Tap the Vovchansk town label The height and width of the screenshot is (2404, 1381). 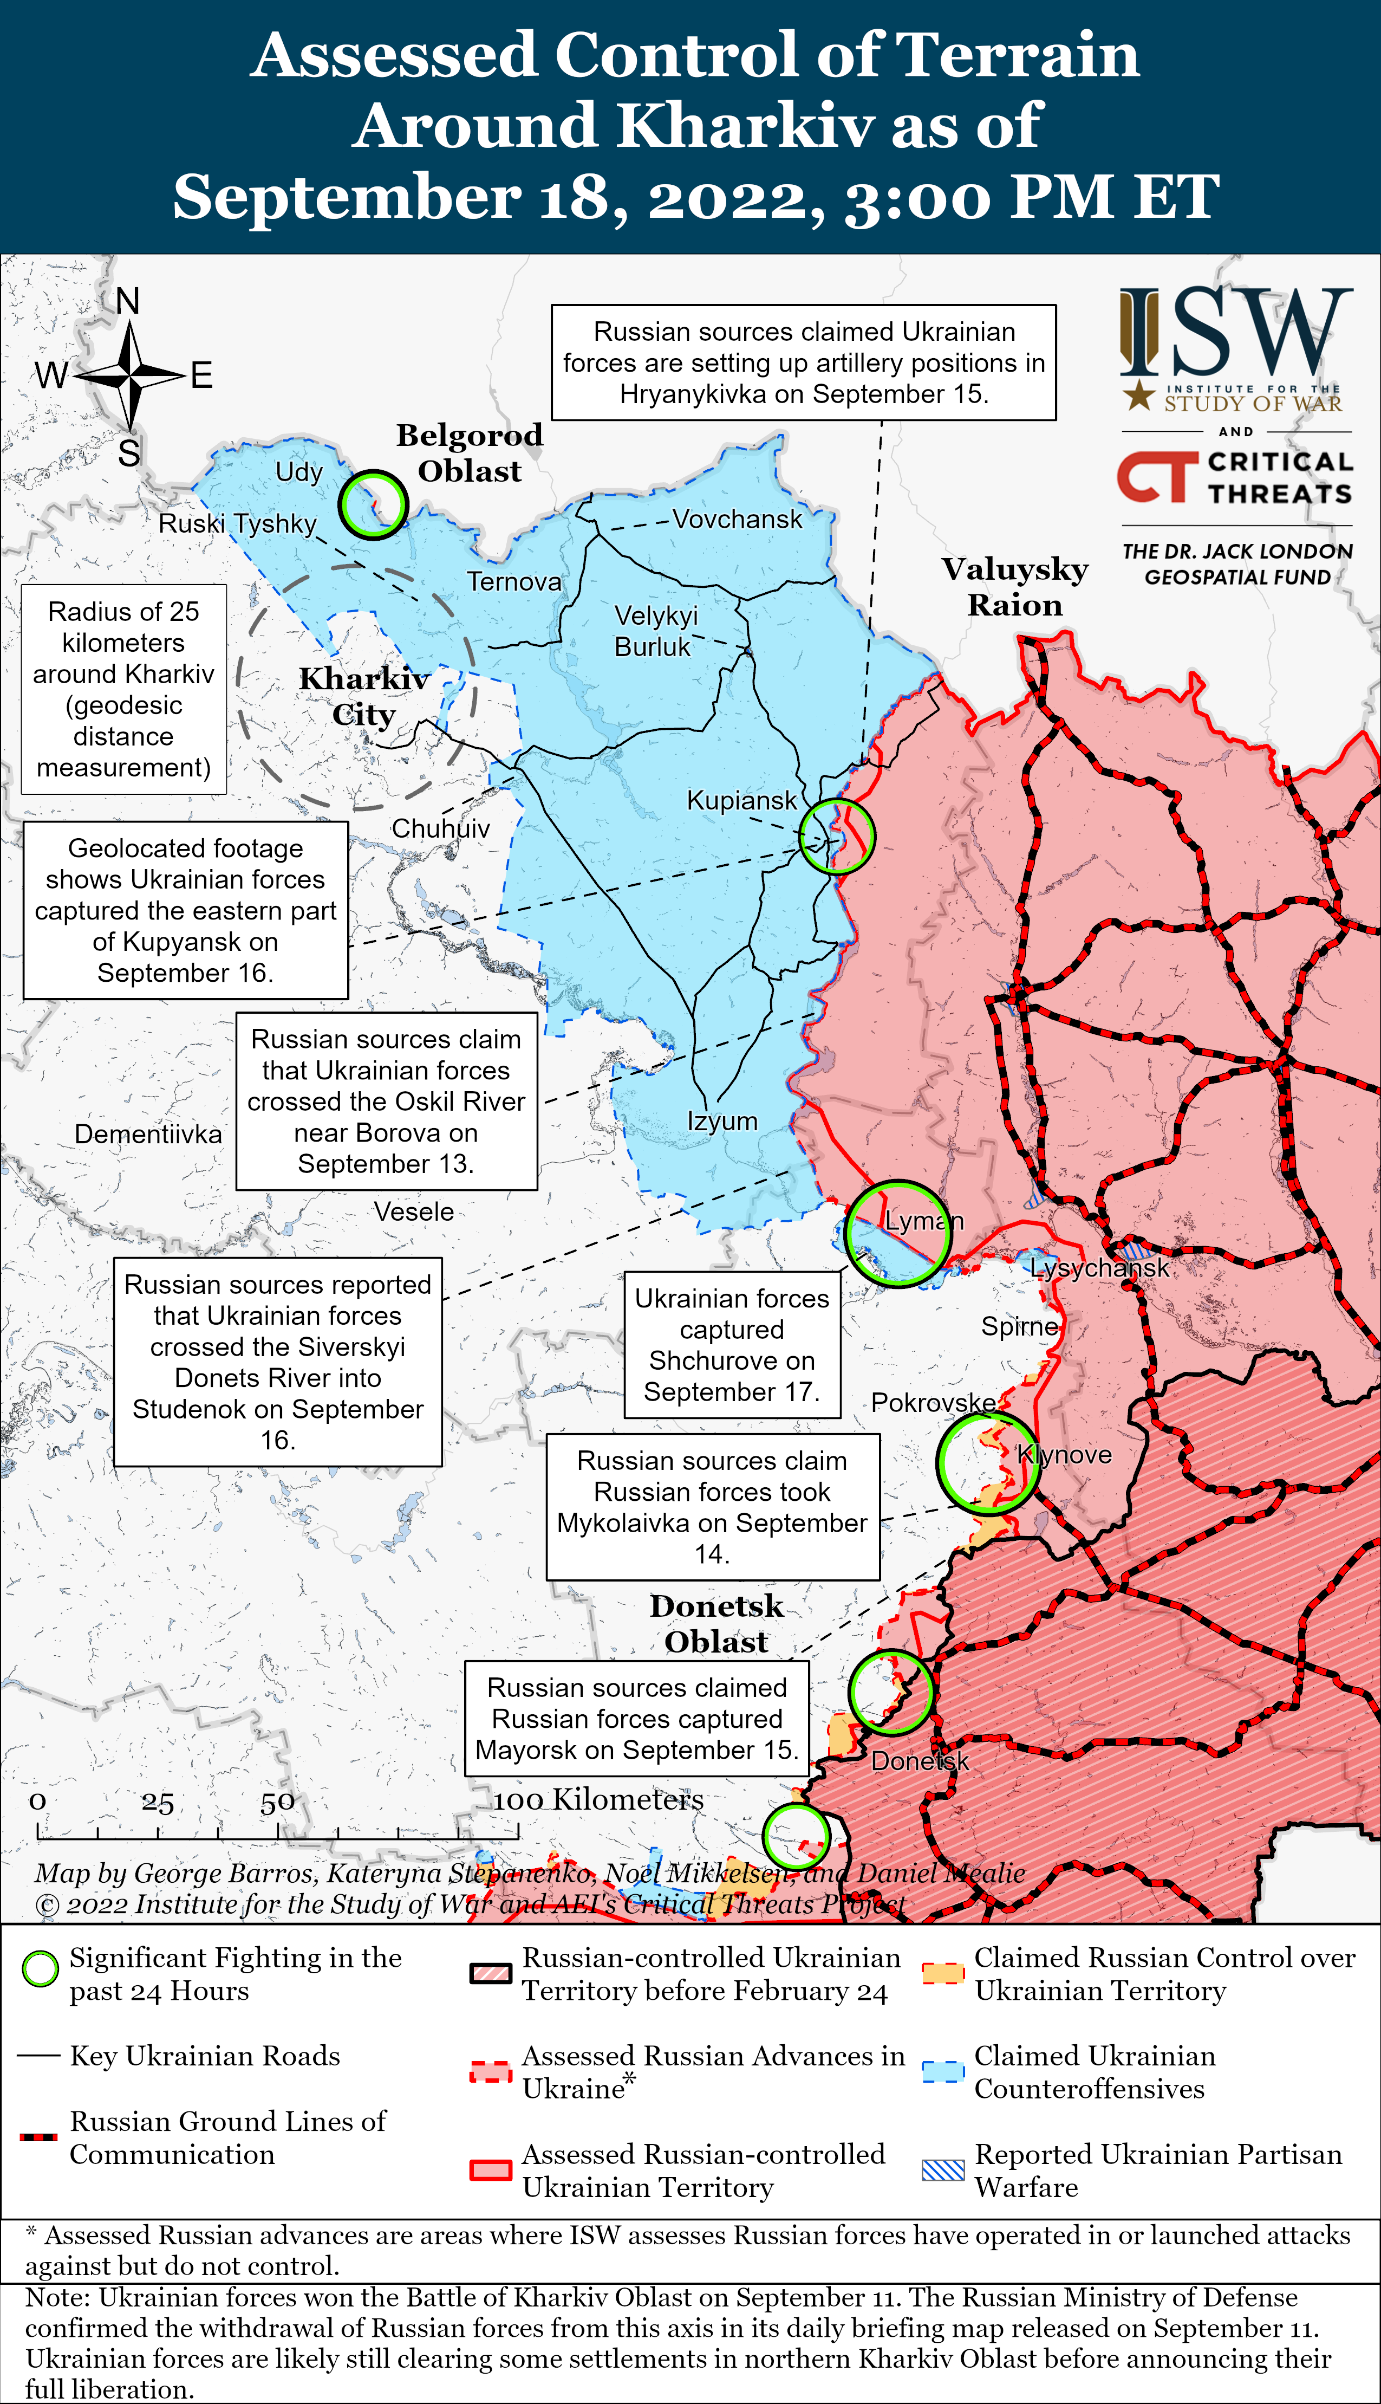pos(737,520)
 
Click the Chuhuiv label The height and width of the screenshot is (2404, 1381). pos(440,829)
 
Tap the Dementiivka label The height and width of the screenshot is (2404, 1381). pos(148,1135)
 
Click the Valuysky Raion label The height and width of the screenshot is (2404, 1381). pos(1015,586)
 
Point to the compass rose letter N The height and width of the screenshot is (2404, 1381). pos(128,302)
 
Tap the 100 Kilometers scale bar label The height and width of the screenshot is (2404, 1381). pos(597,1800)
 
